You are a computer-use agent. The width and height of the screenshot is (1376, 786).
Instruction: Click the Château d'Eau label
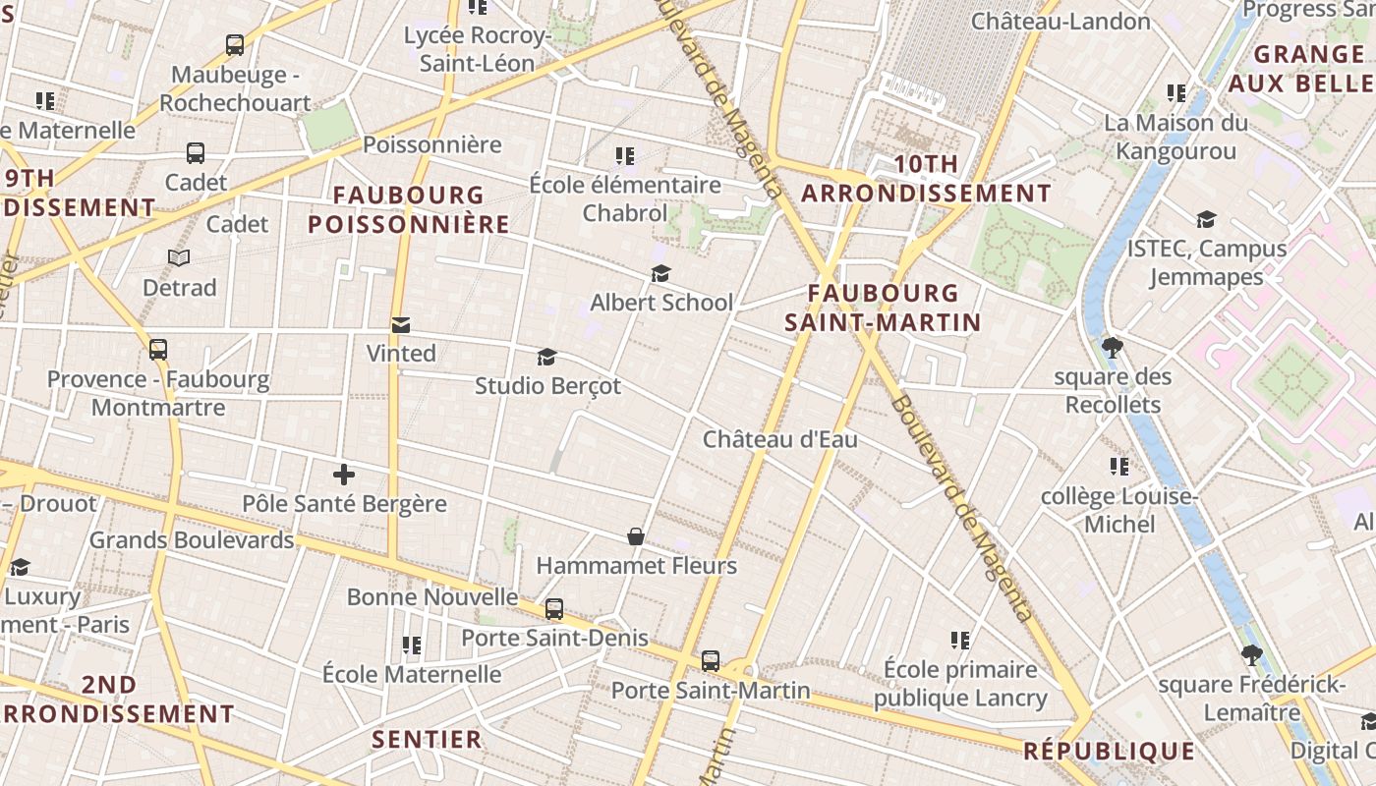tap(779, 439)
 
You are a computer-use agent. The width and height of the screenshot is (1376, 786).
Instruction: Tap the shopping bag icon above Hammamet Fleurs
tap(636, 536)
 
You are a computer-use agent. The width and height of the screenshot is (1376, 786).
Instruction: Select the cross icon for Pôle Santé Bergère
tap(343, 475)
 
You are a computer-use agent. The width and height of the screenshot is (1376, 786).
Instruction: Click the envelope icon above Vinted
tap(400, 324)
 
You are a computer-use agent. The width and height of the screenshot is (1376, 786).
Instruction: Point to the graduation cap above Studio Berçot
tap(546, 357)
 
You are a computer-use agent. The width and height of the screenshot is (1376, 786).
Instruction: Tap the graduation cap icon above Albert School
tap(660, 273)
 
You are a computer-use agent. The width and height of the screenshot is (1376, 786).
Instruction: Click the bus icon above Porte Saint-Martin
tap(710, 661)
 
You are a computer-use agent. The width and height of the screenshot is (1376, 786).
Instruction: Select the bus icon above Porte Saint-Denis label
tap(554, 609)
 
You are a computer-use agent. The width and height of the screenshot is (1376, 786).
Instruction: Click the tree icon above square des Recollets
tap(1113, 347)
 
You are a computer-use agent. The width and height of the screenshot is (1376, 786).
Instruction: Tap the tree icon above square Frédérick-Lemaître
tap(1251, 654)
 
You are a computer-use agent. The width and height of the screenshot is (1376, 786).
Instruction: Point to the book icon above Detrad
tap(179, 258)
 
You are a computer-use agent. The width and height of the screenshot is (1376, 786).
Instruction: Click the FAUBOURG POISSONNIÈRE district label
tap(409, 209)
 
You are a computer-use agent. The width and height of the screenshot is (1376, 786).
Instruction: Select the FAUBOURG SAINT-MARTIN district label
tap(883, 307)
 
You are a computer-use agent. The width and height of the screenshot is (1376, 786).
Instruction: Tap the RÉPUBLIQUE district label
tap(1109, 752)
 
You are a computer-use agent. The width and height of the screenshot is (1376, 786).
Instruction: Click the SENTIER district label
tap(428, 739)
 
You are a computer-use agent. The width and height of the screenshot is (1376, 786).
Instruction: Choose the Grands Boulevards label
tap(192, 539)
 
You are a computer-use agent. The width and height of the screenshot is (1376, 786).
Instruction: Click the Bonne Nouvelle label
tap(432, 596)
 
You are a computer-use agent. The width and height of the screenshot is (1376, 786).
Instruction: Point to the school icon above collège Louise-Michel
tap(1118, 466)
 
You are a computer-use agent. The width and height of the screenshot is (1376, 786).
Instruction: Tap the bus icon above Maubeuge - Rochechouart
tap(234, 44)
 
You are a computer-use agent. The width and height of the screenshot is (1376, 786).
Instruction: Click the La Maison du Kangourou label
tap(1175, 137)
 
